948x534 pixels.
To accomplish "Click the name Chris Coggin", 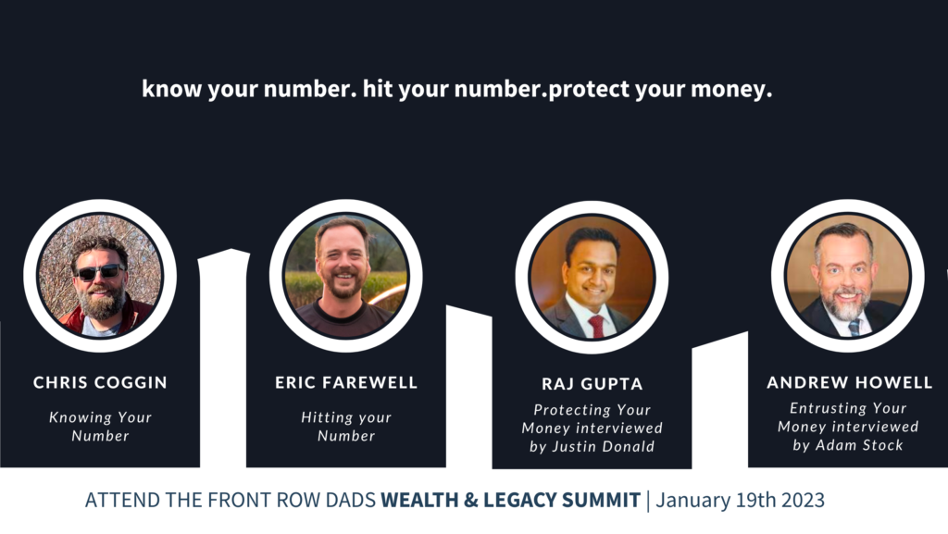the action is (x=100, y=382).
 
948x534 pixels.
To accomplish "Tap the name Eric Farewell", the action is (x=346, y=382).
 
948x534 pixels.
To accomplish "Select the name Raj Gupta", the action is (x=592, y=384).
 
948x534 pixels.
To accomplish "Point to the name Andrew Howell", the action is (x=850, y=382).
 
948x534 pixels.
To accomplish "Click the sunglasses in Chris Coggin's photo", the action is (x=100, y=272).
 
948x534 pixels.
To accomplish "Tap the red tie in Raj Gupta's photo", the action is (x=597, y=326).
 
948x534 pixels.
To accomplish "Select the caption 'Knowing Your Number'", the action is (x=100, y=427).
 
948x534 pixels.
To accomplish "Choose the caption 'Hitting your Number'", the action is (x=346, y=427).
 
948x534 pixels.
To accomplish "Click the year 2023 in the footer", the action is (x=803, y=500).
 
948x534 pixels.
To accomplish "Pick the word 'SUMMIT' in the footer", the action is (x=601, y=500).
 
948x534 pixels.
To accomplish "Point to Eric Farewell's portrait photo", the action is (x=346, y=276).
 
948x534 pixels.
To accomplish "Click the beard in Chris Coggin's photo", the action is (x=101, y=301).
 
